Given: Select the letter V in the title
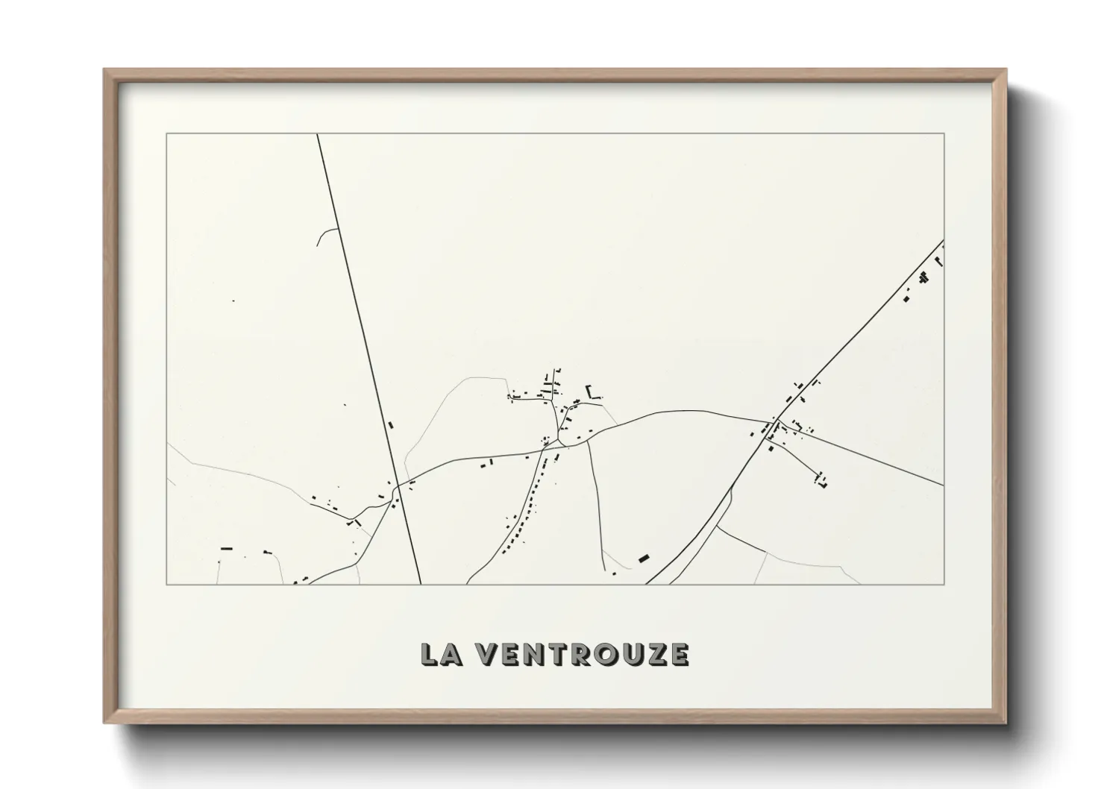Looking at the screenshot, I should pyautogui.click(x=486, y=654).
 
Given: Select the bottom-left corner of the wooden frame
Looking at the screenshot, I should pyautogui.click(x=105, y=723).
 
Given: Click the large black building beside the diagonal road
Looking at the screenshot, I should pyautogui.click(x=644, y=557).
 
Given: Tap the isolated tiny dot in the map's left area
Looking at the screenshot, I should pyautogui.click(x=233, y=301).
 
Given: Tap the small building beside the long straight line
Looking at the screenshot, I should pyautogui.click(x=390, y=425).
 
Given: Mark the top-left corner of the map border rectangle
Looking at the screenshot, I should pyautogui.click(x=166, y=134).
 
